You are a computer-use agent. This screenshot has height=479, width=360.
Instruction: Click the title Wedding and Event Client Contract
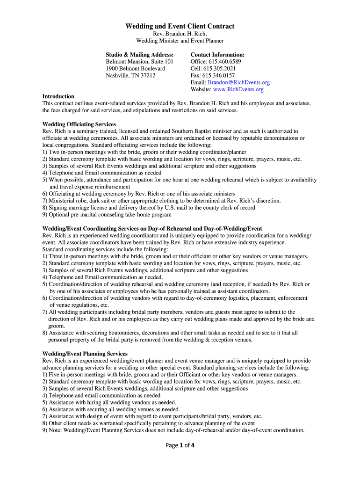click(180, 26)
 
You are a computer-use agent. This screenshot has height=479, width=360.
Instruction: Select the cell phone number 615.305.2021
click(219, 68)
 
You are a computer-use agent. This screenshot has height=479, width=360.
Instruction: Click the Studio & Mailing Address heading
click(139, 55)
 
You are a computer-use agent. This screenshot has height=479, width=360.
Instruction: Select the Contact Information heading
click(217, 55)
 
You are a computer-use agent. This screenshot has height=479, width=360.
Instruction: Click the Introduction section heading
click(58, 96)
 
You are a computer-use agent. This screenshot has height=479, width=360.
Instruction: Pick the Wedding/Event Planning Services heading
click(85, 354)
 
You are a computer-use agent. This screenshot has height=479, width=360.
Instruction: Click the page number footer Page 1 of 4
click(180, 445)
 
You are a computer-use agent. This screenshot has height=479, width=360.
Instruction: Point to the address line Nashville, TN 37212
click(130, 75)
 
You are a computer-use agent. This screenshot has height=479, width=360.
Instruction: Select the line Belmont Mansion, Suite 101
click(139, 61)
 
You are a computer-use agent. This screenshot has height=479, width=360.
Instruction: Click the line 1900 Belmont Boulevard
click(135, 68)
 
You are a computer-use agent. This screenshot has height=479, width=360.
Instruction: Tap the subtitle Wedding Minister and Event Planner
click(180, 41)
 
